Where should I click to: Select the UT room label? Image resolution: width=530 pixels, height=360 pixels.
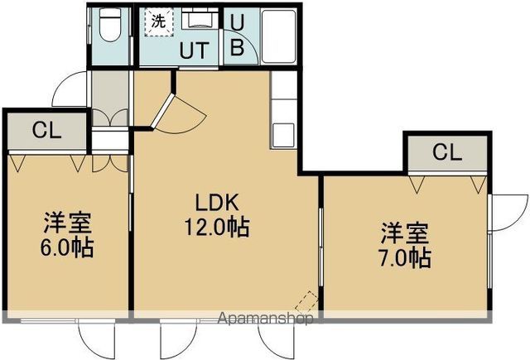[195, 50]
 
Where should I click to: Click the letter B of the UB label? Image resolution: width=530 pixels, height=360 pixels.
[237, 47]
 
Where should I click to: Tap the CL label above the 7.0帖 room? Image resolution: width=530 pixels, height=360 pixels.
[446, 152]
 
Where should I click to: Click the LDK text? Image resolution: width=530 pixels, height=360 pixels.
[217, 202]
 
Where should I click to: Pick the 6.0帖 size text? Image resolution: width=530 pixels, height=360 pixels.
[68, 246]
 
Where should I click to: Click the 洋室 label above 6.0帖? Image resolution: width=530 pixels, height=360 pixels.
[68, 223]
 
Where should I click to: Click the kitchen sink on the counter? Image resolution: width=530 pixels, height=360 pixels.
[282, 134]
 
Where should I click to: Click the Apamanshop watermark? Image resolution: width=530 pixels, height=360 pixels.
[265, 317]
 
